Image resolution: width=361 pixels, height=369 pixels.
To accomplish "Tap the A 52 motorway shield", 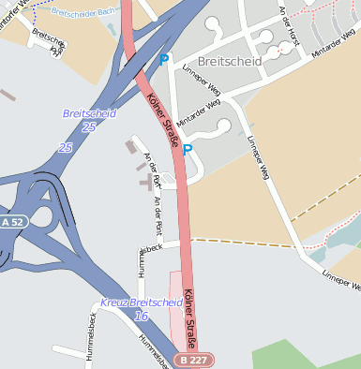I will tap(12, 222).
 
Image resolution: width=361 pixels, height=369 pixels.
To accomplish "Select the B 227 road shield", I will tap(193, 360).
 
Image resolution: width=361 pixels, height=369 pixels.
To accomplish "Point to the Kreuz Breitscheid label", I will tap(142, 303).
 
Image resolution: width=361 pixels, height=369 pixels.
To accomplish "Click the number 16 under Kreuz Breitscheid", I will tap(142, 317).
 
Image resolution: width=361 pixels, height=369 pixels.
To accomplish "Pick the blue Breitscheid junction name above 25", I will tap(89, 113).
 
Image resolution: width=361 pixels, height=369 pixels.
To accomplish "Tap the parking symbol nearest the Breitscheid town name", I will tap(164, 60).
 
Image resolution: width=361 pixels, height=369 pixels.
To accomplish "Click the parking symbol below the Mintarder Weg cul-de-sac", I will tap(188, 149).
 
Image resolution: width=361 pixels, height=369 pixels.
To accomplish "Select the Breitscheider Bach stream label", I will tap(83, 13).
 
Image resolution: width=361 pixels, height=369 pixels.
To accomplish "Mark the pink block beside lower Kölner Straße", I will tap(175, 309).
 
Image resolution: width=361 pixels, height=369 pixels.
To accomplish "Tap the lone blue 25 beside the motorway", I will tap(65, 148).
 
